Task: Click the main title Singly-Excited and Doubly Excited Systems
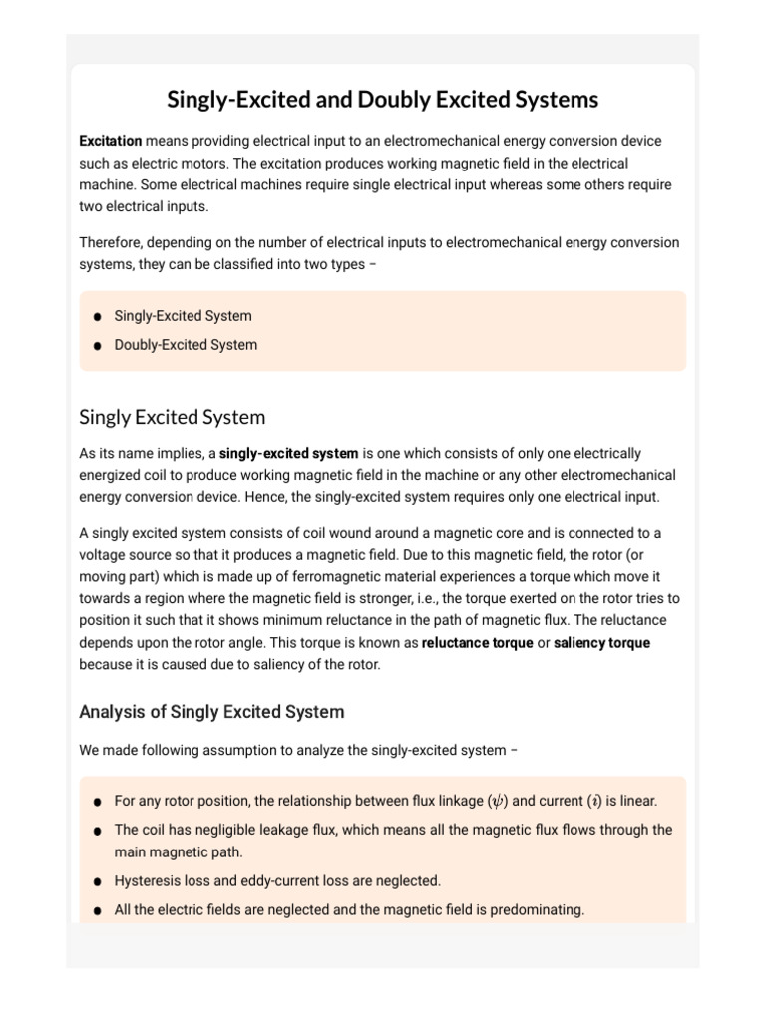[382, 100]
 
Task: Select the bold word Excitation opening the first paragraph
[110, 141]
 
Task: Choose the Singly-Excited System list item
[183, 316]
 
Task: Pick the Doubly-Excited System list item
[186, 345]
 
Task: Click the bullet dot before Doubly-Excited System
[97, 346]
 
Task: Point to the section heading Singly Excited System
[172, 417]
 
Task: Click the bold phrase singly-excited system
[288, 454]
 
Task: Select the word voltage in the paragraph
[107, 555]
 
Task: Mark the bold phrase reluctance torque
[477, 643]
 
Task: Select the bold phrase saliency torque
[601, 643]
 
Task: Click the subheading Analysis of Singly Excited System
[211, 712]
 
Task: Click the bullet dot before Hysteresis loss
[97, 882]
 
